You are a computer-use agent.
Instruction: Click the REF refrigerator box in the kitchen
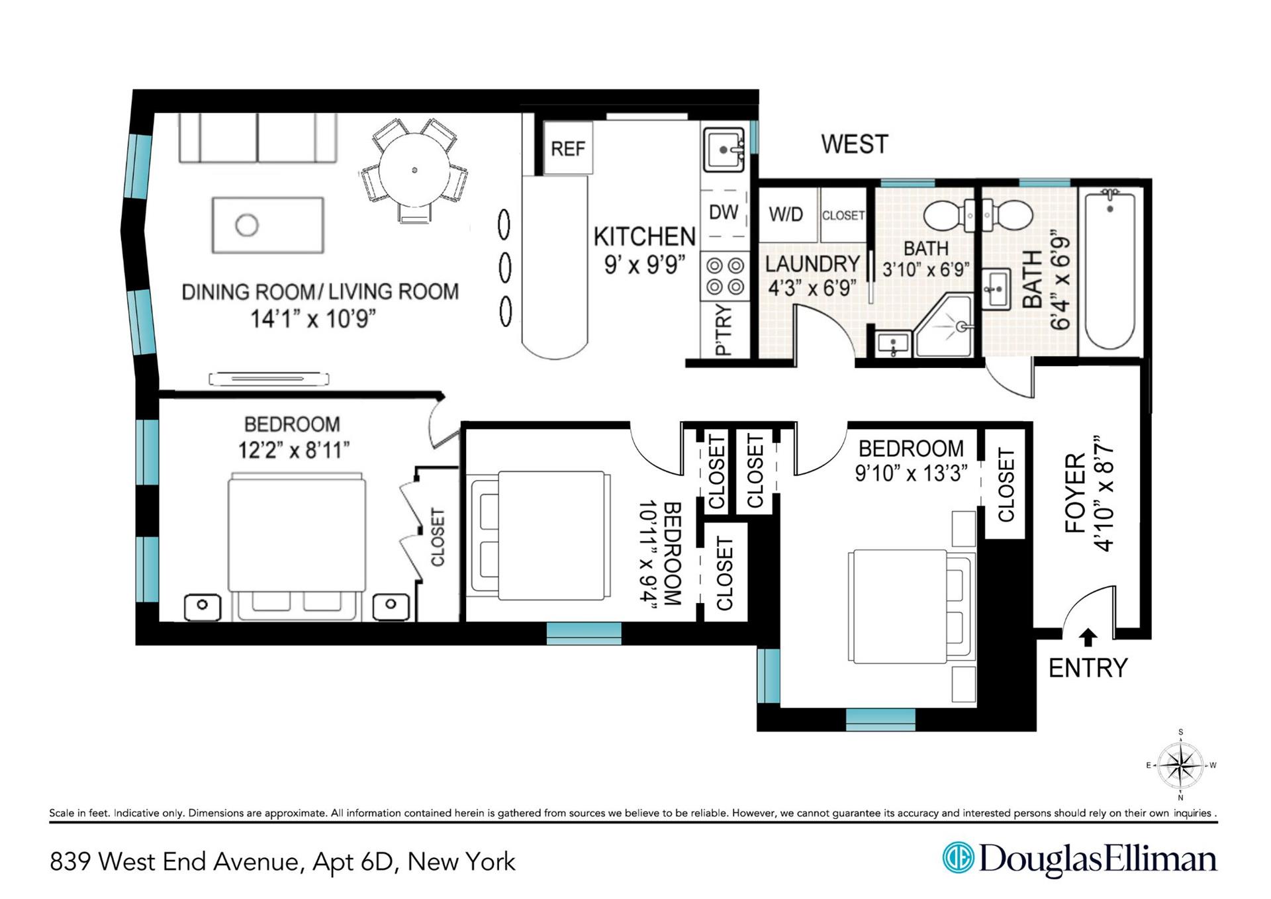point(567,148)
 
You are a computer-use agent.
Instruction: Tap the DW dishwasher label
point(724,212)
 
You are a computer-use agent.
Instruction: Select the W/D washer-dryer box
point(786,214)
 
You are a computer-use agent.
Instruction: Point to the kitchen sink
point(724,150)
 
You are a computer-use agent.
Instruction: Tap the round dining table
point(414,170)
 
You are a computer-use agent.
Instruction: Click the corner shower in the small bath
point(943,324)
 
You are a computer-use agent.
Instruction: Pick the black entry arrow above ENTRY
point(1088,637)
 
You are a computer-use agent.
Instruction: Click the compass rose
point(1181,765)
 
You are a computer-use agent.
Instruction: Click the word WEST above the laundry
point(855,144)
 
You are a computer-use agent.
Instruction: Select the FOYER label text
point(1076,493)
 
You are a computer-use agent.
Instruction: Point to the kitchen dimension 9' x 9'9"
point(644,265)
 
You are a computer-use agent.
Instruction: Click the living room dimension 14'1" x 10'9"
point(313,319)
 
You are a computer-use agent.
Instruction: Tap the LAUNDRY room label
point(812,264)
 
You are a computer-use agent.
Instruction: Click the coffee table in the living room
point(268,225)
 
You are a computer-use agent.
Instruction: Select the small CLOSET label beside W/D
point(843,216)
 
